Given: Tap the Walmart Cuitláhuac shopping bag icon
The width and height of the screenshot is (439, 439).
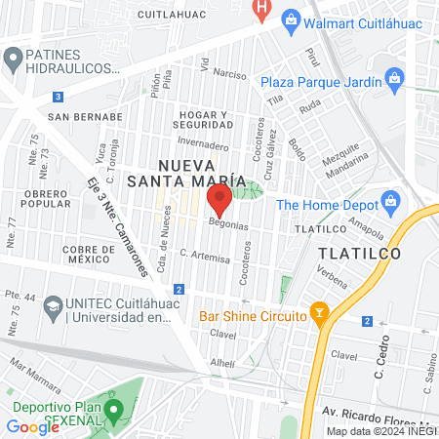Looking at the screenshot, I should pos(290,20).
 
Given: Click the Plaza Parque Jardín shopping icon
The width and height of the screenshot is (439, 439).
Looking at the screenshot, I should pos(394,77).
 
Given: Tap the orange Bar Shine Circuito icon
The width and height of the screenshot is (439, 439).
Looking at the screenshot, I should pos(317,313).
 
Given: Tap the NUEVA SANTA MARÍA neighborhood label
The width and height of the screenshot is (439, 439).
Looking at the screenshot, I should pos(198,172).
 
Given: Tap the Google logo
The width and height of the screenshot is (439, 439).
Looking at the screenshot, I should pos(32,426).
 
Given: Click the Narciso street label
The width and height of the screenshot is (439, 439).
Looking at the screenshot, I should pos(230,74).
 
